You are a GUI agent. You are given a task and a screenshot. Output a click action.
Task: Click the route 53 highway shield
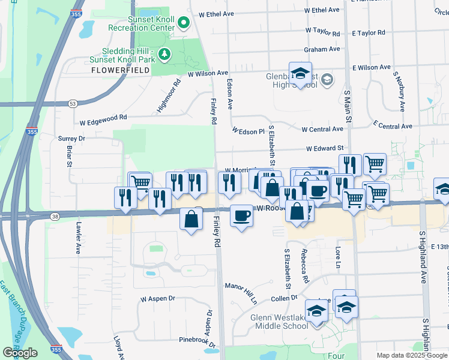[73, 104]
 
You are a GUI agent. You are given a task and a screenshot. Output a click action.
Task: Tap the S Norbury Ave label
[398, 91]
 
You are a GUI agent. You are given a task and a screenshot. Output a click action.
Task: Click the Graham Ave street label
[322, 49]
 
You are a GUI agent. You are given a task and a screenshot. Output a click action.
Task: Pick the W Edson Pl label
[248, 131]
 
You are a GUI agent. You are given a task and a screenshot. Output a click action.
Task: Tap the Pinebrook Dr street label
[199, 340]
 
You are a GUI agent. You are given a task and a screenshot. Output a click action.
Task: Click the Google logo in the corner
[20, 353]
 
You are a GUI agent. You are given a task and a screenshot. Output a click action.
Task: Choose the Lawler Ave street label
[77, 240]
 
